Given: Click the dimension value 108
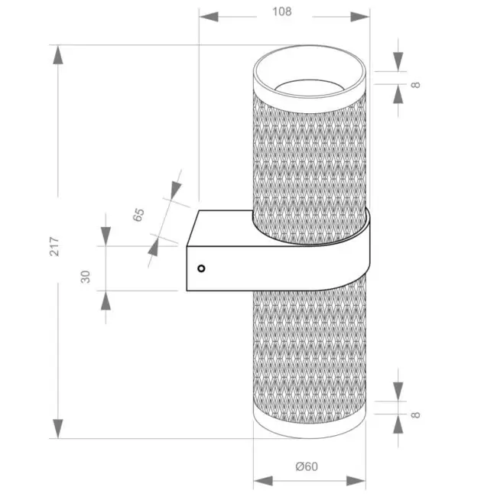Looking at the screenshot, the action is point(282,11).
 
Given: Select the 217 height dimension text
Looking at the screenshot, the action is point(54,246).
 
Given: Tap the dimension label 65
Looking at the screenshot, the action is point(138,215).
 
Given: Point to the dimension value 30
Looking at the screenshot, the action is point(86,277).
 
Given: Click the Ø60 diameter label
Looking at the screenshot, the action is point(307,466).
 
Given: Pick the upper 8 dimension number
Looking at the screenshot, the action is point(415,85).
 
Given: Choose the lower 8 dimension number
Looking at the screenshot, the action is point(415,415).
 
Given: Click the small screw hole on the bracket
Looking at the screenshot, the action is point(201,268).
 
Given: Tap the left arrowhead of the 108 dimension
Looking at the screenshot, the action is point(209,17).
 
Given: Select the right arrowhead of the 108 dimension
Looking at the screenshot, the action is point(360,17).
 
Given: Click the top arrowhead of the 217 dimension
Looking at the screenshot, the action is point(57,55).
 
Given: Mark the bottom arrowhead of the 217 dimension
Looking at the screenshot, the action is point(57,428).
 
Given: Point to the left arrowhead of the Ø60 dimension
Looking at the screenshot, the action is point(263,480).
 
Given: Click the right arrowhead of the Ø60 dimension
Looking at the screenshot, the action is point(356,480).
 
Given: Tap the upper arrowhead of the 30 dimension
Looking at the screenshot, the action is point(106,236).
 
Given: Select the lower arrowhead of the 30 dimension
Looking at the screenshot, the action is point(106,300).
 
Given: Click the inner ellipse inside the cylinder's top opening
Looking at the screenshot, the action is point(309,80).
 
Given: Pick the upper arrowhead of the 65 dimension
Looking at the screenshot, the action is point(175,190).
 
